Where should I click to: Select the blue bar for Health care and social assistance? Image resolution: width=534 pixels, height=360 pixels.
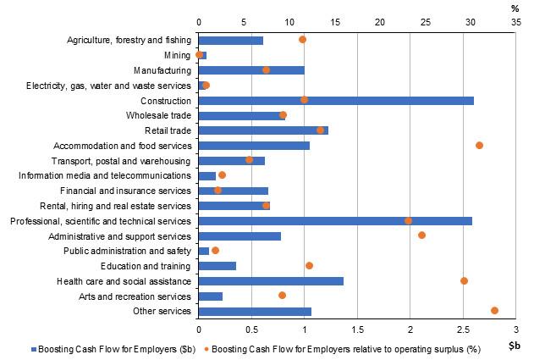click(x=270, y=280)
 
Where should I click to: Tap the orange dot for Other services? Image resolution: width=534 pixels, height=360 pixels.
click(x=494, y=311)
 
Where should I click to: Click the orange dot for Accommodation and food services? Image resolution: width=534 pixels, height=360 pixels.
click(x=479, y=146)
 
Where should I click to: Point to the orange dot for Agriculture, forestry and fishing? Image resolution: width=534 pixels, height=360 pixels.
click(x=302, y=40)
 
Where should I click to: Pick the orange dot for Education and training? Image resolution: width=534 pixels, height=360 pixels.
click(x=309, y=266)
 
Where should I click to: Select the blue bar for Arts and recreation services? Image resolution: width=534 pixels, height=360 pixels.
click(x=210, y=296)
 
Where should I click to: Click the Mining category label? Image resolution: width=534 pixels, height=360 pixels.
click(x=178, y=55)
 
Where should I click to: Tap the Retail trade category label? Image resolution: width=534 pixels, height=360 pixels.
click(x=168, y=130)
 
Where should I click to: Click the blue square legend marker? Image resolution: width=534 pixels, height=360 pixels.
click(x=34, y=349)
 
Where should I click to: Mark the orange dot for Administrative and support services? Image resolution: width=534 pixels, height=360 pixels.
click(x=421, y=235)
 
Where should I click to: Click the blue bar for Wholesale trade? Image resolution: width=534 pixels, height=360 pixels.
click(x=241, y=115)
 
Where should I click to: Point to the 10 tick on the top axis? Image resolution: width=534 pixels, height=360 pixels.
click(x=289, y=20)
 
